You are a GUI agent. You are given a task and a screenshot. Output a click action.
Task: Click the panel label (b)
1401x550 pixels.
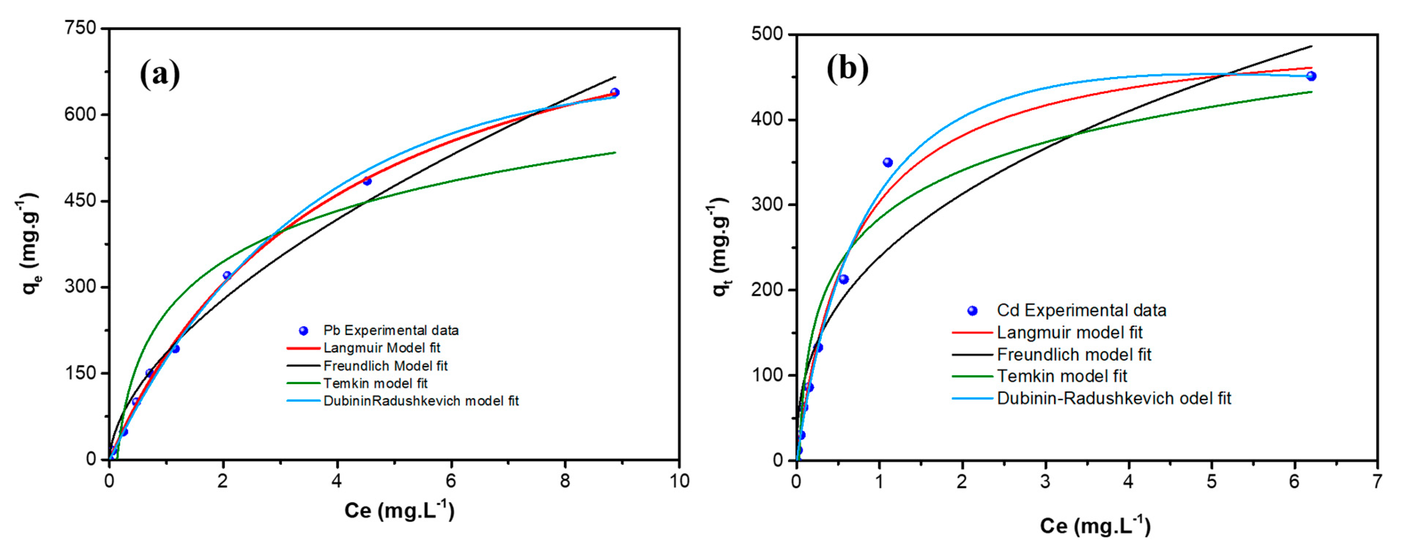tap(847, 69)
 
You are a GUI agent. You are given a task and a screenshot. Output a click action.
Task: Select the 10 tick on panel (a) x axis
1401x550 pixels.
tap(679, 481)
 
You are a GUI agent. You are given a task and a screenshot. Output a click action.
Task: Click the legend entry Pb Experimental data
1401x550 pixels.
tap(390, 330)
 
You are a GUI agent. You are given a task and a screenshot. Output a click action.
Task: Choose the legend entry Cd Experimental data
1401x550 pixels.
tap(1081, 311)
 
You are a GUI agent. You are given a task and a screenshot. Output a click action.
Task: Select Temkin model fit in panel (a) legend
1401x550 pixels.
tap(375, 383)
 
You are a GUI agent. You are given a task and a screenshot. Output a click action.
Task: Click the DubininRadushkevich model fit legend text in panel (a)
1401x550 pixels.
tap(421, 401)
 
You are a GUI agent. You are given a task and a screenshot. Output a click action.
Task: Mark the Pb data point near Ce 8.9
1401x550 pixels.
tap(615, 92)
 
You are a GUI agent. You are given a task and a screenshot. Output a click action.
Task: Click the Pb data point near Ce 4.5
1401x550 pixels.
tap(367, 181)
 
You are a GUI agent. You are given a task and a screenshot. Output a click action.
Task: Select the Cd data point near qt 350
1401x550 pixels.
tap(887, 162)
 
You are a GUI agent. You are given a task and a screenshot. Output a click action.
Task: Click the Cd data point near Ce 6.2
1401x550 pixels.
tap(1311, 76)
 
